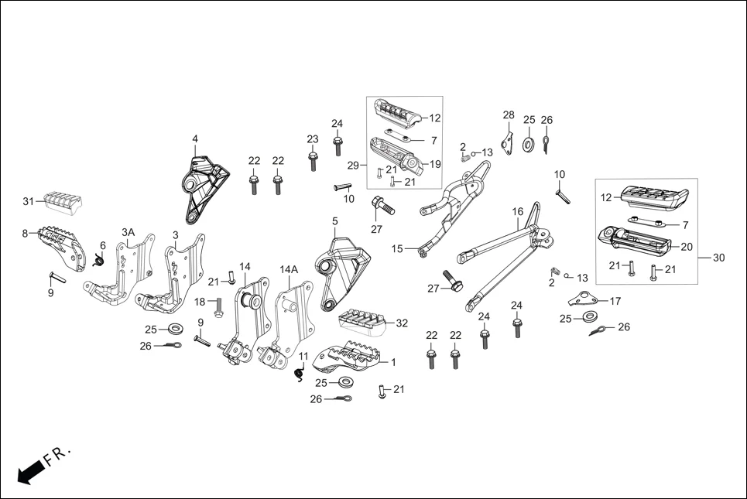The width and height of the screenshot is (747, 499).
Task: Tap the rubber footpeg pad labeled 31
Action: point(61,200)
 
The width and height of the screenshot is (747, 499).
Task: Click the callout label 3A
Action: point(128,232)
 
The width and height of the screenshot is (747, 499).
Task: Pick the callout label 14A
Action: point(289,269)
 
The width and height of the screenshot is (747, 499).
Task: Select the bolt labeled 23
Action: point(313,162)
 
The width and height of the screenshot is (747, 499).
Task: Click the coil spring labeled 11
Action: point(299,374)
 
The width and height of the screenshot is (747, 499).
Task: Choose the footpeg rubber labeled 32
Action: point(363,322)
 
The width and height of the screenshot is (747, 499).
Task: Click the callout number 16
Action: point(518,211)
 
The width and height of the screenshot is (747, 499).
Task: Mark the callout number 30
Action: point(718,258)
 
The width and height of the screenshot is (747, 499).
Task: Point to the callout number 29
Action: point(352,166)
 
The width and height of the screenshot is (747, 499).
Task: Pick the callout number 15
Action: point(398,248)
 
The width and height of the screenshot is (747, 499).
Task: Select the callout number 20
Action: point(686,248)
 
